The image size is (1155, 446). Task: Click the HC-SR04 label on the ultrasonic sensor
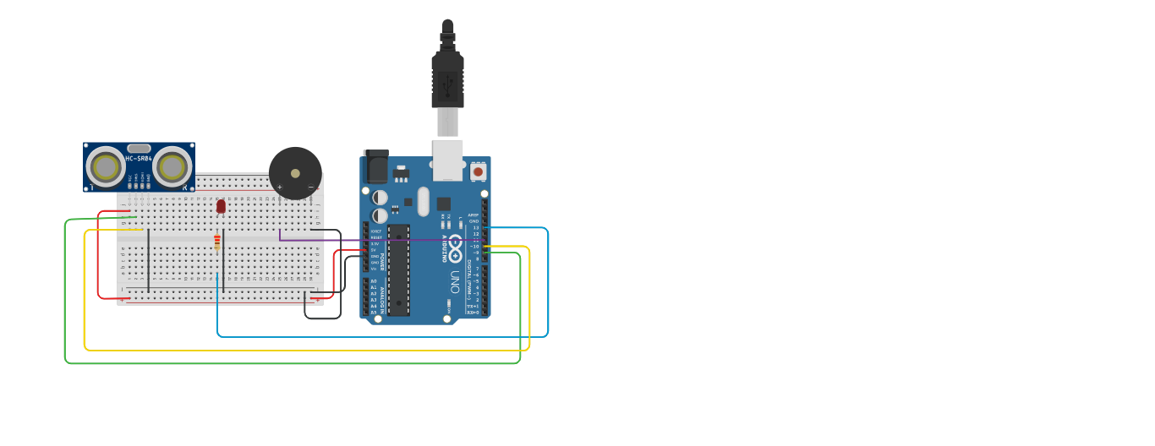point(139,159)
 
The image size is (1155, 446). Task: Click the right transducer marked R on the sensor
point(172,167)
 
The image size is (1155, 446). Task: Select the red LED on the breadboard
point(221,205)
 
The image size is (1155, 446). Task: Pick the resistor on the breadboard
point(217,242)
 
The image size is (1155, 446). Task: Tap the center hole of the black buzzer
point(295,173)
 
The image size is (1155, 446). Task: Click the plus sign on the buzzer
point(280,187)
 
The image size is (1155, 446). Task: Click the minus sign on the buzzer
point(310,187)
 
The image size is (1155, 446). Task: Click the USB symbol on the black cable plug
point(447,84)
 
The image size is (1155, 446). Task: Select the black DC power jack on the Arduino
point(375,166)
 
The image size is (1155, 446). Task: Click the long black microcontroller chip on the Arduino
point(398,270)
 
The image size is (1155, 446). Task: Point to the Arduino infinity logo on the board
point(455,248)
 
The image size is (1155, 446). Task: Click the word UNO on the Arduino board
point(455,280)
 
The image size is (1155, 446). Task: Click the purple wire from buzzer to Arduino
point(380,241)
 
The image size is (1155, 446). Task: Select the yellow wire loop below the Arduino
point(304,349)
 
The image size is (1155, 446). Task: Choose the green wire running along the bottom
point(287,363)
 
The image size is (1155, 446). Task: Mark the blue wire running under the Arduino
point(380,336)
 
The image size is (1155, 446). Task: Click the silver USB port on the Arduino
point(448,160)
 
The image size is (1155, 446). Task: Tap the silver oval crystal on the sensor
point(139,149)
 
